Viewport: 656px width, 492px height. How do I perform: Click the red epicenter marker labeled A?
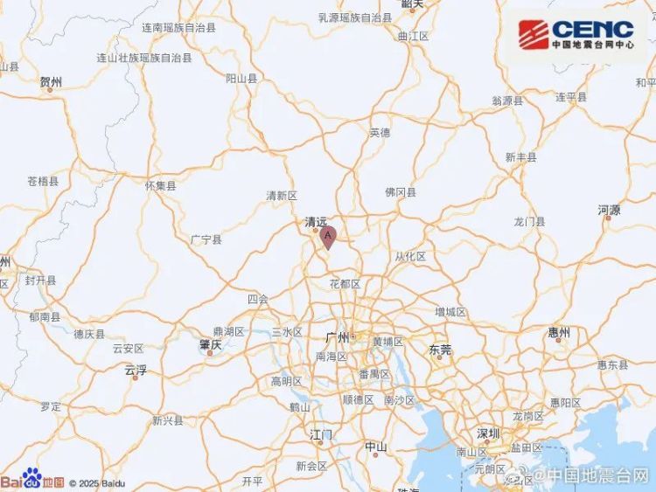(x=329, y=237)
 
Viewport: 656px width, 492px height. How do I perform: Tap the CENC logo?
(x=576, y=36)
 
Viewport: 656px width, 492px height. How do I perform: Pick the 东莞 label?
(x=440, y=349)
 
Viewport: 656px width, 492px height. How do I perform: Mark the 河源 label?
(x=609, y=210)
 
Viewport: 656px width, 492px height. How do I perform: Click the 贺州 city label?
(x=51, y=82)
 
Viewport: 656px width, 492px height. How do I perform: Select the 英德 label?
(x=379, y=133)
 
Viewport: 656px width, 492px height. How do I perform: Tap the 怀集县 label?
(x=160, y=185)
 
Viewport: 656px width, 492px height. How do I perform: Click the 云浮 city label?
(x=135, y=370)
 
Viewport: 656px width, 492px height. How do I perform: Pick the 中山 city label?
(x=375, y=447)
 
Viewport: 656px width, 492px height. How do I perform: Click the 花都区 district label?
(x=345, y=284)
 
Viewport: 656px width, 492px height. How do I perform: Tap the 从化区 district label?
(x=409, y=256)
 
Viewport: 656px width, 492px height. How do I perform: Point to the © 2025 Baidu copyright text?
(x=96, y=482)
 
